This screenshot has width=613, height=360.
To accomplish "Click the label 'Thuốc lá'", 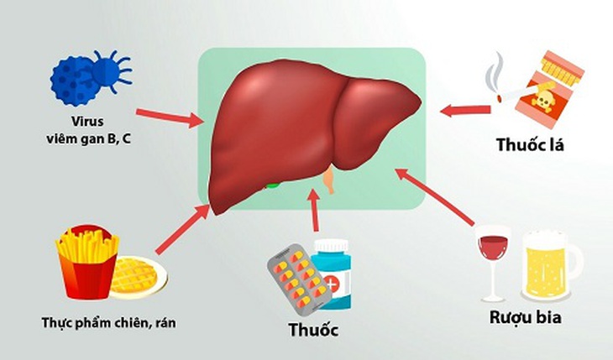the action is point(530,144).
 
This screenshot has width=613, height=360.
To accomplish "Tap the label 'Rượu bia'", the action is point(526,317).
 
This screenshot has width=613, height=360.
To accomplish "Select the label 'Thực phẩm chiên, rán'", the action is point(108,323).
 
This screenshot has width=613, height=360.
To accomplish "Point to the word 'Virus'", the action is point(87,121).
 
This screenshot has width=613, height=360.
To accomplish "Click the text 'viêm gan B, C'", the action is point(88,138).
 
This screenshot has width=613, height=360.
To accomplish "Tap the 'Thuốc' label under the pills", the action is point(313,330).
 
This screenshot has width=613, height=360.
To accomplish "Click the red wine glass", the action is point(494,263).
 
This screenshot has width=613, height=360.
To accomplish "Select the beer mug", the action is point(549,266).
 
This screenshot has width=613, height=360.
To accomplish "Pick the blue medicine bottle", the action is point(333,274).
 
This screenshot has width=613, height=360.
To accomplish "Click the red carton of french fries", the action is point(87,262).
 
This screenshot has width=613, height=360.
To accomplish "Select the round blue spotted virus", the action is point(74,81).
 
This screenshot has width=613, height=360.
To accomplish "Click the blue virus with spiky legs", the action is point(112,71).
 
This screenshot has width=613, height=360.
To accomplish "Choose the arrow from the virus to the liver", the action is point(170,117).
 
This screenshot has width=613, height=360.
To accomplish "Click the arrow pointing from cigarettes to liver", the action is point(465,110).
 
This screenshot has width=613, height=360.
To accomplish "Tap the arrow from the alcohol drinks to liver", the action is point(435,197).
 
